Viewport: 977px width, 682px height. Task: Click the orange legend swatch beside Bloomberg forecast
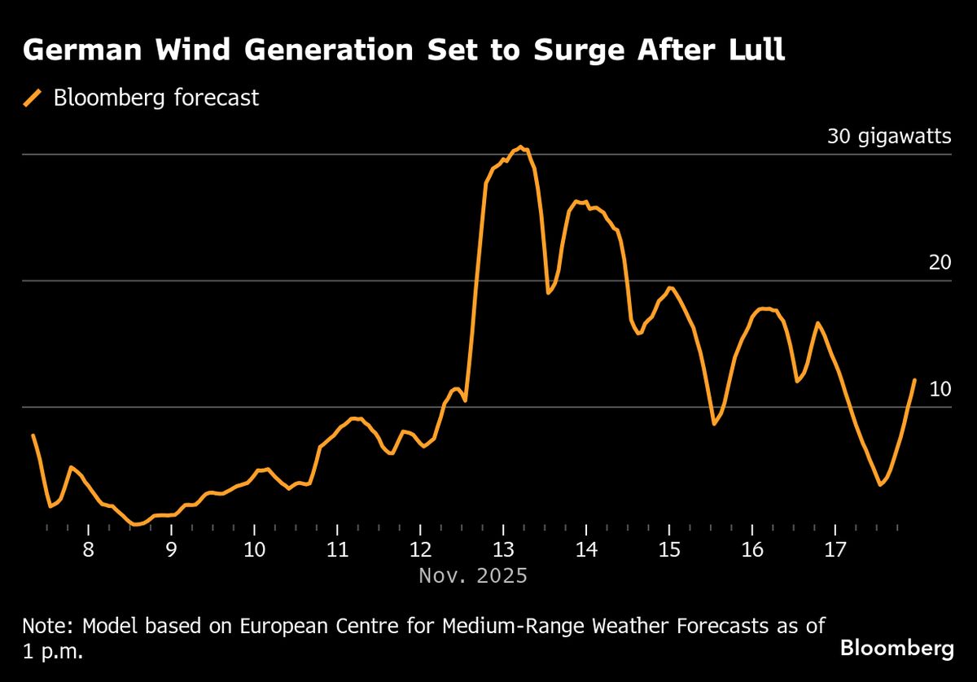[33, 98]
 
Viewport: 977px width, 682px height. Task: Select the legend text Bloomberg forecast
[156, 98]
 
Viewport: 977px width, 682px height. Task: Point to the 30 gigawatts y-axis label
[889, 136]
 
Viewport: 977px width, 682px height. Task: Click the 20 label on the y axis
[940, 262]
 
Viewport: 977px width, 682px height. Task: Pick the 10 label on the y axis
[940, 389]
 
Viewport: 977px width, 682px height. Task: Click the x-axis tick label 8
[88, 549]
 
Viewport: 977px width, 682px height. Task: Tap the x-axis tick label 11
[337, 549]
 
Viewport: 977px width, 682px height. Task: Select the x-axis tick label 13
[503, 549]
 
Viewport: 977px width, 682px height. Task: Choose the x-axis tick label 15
[669, 549]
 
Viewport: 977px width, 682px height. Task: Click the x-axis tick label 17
[835, 549]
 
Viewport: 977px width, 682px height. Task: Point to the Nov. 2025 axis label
[473, 576]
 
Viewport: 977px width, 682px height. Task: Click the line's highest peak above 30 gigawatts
[520, 147]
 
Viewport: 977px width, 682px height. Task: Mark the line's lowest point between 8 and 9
[136, 525]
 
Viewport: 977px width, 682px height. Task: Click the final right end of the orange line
[914, 380]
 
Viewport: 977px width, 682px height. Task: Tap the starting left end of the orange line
[33, 435]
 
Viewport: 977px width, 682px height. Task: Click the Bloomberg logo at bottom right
[896, 649]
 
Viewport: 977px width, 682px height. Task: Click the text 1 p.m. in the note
[53, 653]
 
